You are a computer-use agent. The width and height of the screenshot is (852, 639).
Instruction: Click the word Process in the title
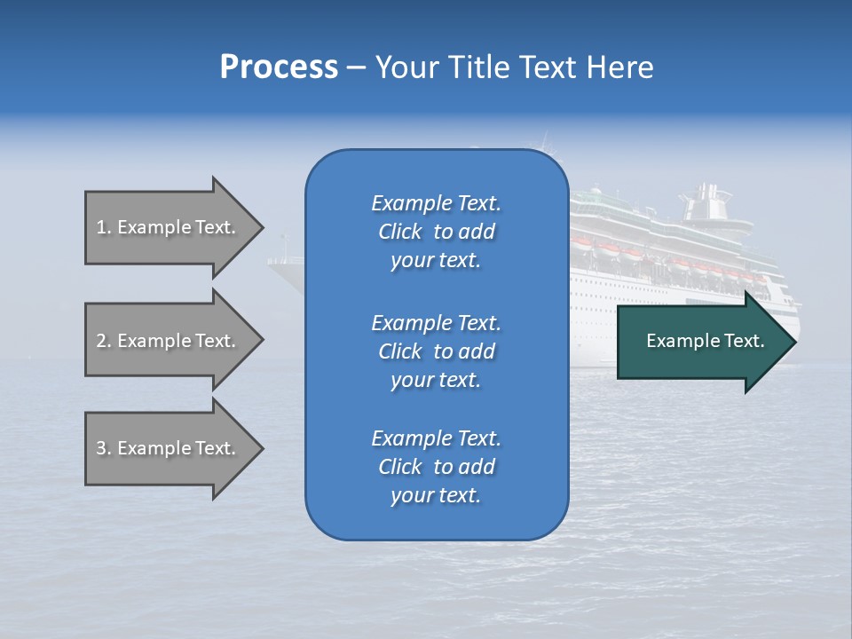(x=279, y=67)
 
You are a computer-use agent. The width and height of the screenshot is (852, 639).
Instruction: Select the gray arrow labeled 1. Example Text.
(x=169, y=227)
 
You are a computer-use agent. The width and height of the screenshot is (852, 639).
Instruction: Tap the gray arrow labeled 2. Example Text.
(x=169, y=341)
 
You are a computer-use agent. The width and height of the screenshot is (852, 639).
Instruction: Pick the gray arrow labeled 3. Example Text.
(x=169, y=448)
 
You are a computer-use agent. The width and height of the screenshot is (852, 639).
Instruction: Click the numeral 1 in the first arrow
(x=101, y=227)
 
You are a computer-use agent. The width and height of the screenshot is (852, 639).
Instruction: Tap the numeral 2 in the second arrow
(x=101, y=341)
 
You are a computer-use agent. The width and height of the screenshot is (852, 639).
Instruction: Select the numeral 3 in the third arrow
(x=101, y=448)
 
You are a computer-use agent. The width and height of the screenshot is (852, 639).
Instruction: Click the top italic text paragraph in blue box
(x=436, y=232)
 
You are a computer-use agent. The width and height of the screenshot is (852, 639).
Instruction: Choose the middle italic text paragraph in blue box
(x=436, y=351)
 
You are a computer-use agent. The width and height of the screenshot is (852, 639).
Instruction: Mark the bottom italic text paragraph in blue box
(x=436, y=467)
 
